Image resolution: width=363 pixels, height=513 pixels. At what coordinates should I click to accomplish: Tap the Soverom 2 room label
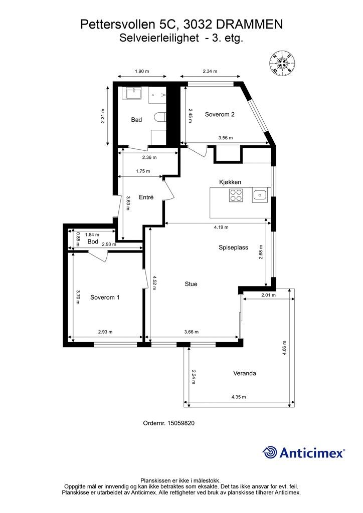(x=220, y=115)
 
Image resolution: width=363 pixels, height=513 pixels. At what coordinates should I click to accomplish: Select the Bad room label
(x=136, y=120)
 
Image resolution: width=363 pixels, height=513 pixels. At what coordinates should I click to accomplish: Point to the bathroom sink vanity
(x=133, y=93)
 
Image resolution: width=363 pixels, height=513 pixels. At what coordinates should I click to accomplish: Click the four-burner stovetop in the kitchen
(x=236, y=195)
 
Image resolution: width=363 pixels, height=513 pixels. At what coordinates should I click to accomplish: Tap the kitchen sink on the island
(x=260, y=195)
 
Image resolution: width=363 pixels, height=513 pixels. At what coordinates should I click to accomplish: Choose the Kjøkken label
(x=230, y=182)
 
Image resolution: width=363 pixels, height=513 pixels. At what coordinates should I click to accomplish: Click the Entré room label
(x=146, y=197)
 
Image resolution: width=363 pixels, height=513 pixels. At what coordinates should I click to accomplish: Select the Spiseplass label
(x=233, y=247)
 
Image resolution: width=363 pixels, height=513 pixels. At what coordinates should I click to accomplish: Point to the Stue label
(x=191, y=284)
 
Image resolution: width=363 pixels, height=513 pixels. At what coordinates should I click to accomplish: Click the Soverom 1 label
(x=105, y=298)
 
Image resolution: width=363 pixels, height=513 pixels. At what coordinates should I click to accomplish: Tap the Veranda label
(x=245, y=373)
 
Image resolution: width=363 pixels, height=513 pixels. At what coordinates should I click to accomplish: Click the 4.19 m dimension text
(x=221, y=227)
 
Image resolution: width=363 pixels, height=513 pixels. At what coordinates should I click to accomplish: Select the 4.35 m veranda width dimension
(x=239, y=397)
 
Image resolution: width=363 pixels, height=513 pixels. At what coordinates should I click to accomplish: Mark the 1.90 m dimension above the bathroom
(x=142, y=71)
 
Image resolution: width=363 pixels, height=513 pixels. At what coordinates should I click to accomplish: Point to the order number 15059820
(x=181, y=423)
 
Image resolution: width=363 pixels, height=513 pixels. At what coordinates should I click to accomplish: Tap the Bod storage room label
(x=93, y=242)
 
